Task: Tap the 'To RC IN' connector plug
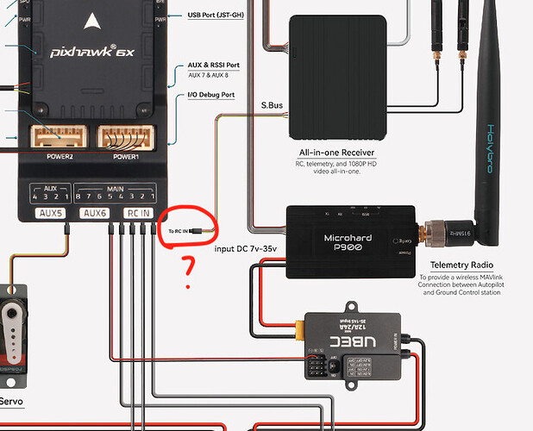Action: click(198, 232)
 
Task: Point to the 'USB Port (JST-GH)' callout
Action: click(220, 15)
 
